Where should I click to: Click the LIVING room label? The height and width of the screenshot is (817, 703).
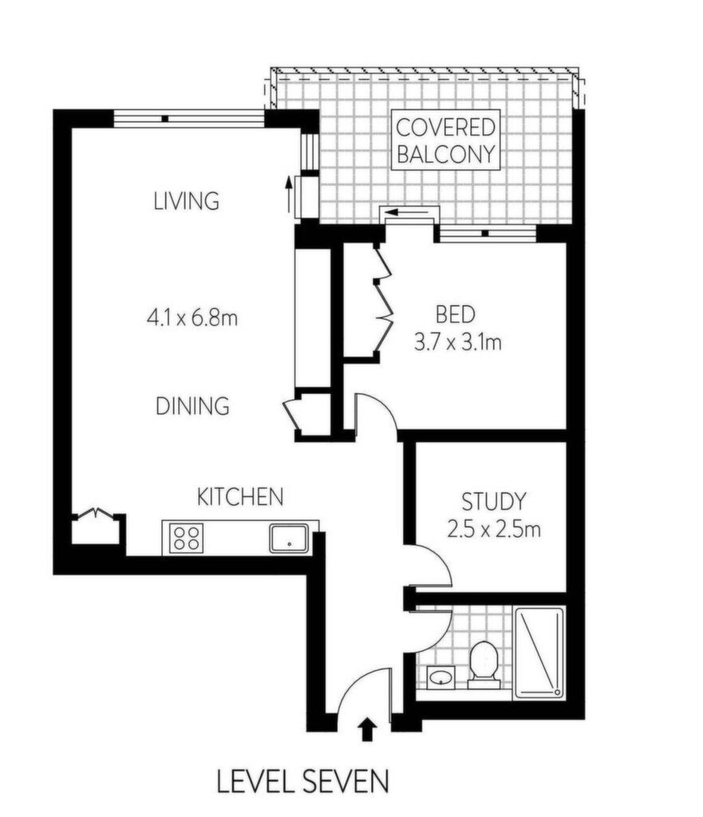[186, 201]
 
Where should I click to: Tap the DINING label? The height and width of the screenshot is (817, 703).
[192, 406]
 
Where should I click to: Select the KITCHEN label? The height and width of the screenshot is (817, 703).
[240, 496]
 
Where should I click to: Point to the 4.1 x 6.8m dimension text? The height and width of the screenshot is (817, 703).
[192, 317]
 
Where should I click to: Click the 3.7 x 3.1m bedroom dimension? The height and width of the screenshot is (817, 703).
[458, 342]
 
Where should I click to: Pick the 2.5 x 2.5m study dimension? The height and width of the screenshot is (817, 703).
[493, 530]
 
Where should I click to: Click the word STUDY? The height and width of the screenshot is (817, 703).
[494, 501]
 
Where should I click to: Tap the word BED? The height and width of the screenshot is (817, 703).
[456, 314]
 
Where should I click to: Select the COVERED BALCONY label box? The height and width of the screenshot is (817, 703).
[445, 140]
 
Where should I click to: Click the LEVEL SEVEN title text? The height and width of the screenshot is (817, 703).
[302, 782]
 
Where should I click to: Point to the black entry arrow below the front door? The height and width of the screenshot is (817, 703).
[368, 728]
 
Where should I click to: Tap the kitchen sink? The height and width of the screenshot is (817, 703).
[289, 539]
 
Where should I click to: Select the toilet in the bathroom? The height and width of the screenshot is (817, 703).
[483, 665]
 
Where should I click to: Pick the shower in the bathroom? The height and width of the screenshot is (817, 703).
[539, 653]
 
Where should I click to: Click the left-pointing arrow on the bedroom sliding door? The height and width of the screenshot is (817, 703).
[407, 212]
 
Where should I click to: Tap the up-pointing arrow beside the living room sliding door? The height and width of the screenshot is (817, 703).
[288, 194]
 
